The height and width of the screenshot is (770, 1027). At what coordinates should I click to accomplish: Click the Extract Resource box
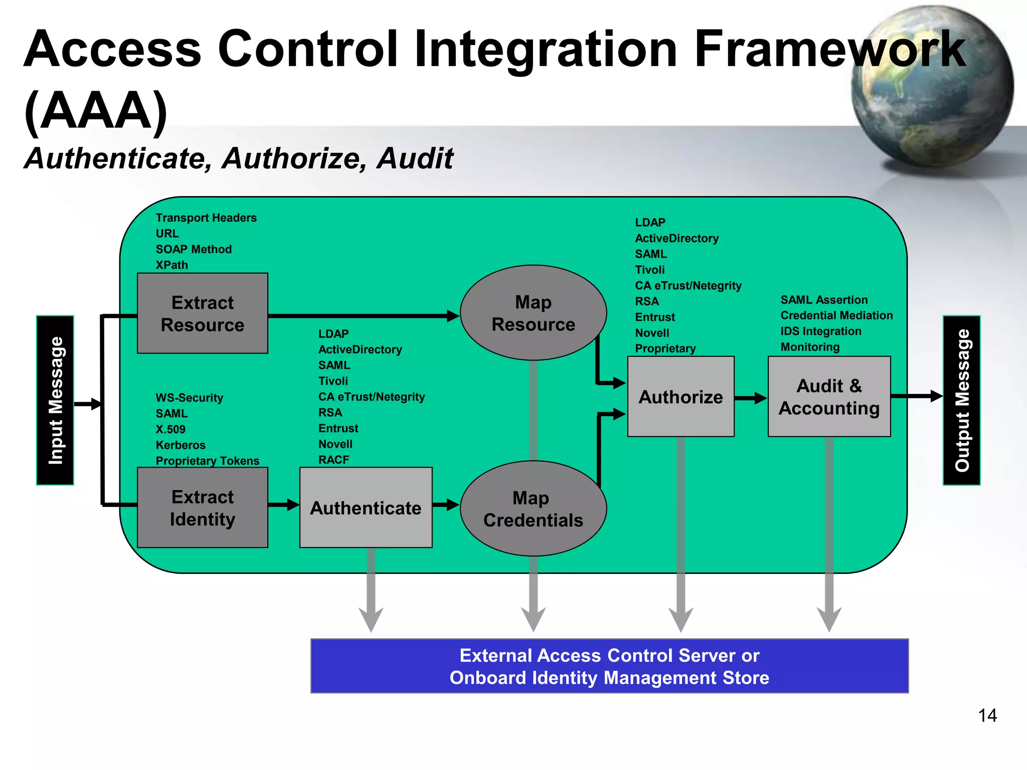point(202,313)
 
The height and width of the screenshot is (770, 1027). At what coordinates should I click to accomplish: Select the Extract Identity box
point(202,507)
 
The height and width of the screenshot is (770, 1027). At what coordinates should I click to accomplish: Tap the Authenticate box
point(366,507)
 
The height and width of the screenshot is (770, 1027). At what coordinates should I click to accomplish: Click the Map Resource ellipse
point(533,313)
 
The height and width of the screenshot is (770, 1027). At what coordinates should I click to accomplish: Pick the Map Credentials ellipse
point(533,508)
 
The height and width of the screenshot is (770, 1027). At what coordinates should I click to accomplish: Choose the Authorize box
point(680,397)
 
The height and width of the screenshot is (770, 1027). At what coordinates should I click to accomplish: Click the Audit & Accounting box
point(829,397)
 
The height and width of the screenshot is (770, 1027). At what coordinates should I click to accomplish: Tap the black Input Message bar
point(55,400)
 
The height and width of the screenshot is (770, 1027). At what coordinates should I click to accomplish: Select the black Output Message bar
point(961,400)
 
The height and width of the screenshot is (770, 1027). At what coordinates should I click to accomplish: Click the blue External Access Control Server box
point(609,666)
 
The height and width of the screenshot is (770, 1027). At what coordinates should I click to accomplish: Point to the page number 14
point(987,715)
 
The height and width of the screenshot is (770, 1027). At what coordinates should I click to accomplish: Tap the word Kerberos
point(181,445)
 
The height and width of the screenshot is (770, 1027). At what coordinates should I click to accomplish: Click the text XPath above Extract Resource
point(172,265)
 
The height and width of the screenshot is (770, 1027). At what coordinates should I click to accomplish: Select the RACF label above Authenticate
point(333,460)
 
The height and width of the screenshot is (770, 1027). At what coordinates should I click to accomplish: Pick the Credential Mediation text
point(836,315)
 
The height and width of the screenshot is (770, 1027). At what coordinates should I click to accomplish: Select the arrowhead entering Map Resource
point(452,316)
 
